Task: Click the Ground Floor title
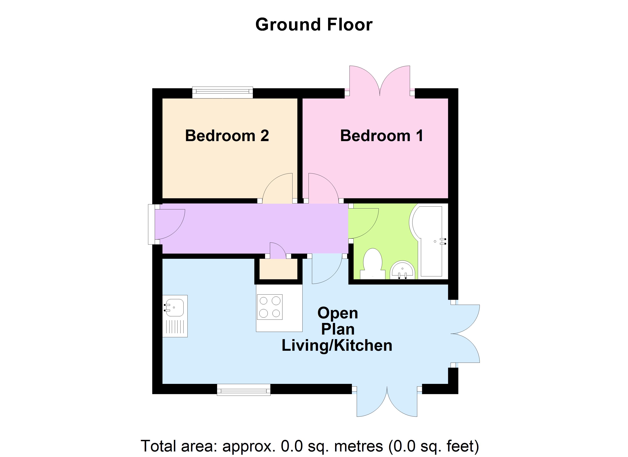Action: (314, 25)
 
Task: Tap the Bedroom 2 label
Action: (227, 136)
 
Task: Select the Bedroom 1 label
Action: (381, 136)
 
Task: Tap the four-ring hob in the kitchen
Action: (270, 307)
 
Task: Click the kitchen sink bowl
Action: (175, 308)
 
